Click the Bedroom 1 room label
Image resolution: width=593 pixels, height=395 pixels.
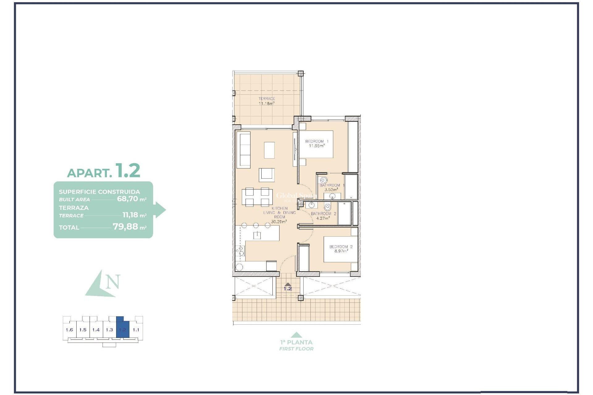[x=317, y=141]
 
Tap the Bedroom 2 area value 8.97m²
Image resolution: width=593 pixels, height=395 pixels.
[x=341, y=251]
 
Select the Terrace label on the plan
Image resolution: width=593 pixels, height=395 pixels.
[x=267, y=99]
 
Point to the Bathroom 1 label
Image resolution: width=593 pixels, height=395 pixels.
[x=332, y=185]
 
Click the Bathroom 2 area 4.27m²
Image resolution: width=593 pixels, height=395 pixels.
[x=323, y=218]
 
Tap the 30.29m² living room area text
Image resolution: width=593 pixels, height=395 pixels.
[x=279, y=222]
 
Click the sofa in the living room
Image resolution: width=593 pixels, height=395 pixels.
[x=244, y=150]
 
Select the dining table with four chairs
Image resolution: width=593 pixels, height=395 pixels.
[x=257, y=197]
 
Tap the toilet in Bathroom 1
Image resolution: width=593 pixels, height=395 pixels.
[x=323, y=180]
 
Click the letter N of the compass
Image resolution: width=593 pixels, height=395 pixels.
[x=113, y=282]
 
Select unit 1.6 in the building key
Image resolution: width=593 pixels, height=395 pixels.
[x=69, y=330]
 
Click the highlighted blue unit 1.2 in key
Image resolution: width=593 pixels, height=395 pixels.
[x=123, y=330]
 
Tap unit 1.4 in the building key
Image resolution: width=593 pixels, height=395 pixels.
[x=96, y=330]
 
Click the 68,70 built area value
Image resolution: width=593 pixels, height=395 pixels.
[x=127, y=199]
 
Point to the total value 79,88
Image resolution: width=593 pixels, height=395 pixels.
[x=125, y=227]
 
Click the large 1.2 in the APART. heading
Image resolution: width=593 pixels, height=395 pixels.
[x=128, y=171]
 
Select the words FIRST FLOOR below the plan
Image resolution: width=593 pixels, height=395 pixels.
[x=296, y=349]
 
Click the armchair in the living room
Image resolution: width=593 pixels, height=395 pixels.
[x=267, y=175]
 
